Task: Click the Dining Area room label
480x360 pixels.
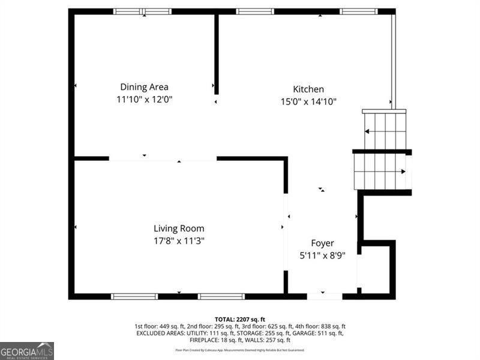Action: [x=144, y=87]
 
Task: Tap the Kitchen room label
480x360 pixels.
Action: [x=308, y=89]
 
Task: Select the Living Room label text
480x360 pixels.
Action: [x=179, y=229]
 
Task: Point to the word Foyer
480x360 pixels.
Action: [x=322, y=243]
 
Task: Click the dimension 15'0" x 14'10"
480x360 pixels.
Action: [x=308, y=101]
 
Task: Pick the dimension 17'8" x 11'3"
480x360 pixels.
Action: [x=179, y=241]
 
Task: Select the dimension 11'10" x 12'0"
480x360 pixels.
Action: [x=144, y=100]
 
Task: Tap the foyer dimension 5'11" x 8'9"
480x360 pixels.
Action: [x=322, y=256]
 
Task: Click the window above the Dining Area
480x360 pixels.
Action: [x=142, y=11]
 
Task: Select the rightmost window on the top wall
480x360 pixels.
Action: [x=359, y=11]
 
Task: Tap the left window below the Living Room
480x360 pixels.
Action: [x=134, y=296]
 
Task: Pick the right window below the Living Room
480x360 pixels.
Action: [x=221, y=296]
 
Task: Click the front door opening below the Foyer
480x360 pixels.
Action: [x=325, y=296]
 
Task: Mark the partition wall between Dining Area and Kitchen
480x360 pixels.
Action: [x=217, y=54]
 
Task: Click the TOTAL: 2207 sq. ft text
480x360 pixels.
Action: [x=240, y=319]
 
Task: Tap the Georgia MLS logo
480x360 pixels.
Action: [x=27, y=350]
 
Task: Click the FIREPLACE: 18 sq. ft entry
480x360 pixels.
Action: [x=167, y=340]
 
